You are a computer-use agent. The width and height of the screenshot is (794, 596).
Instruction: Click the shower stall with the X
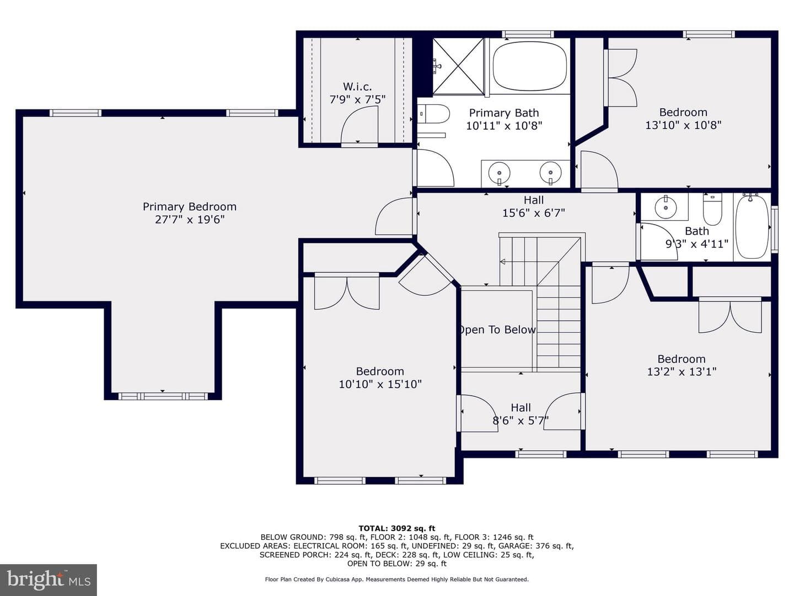[458, 66]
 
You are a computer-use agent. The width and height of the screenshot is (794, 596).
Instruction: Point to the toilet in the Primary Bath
[433, 114]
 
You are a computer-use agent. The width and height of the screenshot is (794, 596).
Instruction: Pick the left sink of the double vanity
[499, 173]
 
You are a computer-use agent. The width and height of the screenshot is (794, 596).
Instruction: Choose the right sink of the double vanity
[550, 173]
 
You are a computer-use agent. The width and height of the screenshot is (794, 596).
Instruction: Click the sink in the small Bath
[666, 207]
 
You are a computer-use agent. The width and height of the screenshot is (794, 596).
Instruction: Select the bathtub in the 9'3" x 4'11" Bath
[752, 226]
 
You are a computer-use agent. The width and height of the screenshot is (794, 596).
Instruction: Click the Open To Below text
[497, 329]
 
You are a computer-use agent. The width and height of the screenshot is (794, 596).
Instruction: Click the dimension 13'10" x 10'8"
[683, 125]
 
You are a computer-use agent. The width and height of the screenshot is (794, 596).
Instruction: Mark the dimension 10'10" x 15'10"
[380, 384]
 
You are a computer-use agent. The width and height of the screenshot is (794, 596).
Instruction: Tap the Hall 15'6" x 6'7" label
[534, 206]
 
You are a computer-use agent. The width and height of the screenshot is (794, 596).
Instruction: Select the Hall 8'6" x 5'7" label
[521, 414]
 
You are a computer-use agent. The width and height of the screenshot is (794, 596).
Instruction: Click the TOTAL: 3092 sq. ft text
[397, 528]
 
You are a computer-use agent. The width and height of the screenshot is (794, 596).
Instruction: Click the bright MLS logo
[49, 580]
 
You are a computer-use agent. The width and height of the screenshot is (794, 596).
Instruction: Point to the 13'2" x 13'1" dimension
[682, 371]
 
